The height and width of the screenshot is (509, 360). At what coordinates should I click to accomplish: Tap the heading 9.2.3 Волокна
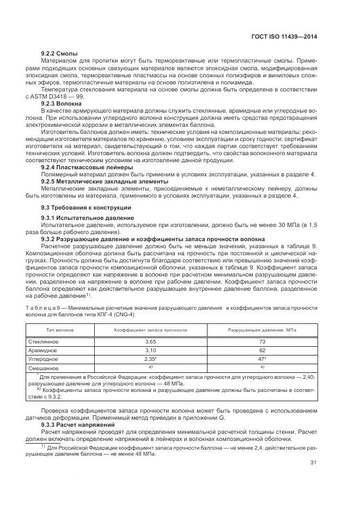click(x=62, y=103)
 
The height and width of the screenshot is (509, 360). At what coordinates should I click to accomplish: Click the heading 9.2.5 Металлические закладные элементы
click(x=96, y=181)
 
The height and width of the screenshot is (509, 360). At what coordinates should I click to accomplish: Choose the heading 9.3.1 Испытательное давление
click(x=80, y=218)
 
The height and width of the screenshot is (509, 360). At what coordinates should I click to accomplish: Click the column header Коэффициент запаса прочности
click(x=150, y=330)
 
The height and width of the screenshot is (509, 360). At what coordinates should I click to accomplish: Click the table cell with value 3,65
click(x=150, y=341)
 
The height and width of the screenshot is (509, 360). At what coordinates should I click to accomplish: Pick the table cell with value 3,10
click(x=150, y=351)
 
